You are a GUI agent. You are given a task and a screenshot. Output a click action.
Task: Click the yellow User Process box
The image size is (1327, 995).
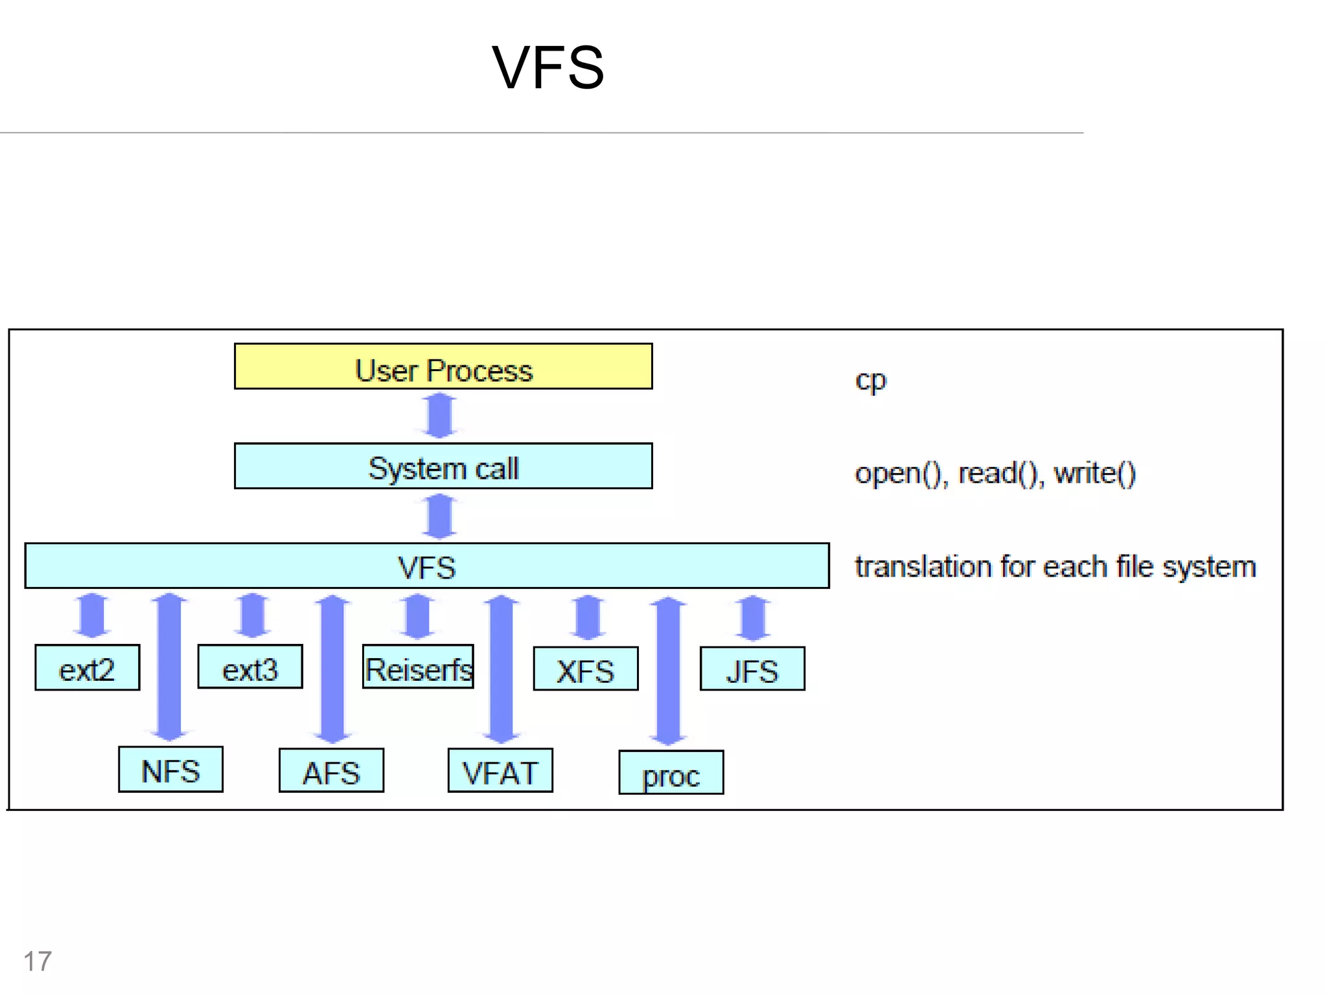pos(443,367)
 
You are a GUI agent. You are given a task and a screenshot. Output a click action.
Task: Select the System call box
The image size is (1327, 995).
pos(443,466)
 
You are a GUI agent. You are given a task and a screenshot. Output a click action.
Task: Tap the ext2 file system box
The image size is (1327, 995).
pos(87,668)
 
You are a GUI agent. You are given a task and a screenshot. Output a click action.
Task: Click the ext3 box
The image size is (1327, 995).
pos(250,667)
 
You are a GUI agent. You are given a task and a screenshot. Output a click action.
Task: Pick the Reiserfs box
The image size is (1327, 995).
pos(418,667)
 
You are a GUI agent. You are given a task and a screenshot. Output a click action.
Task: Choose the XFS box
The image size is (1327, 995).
pos(586,669)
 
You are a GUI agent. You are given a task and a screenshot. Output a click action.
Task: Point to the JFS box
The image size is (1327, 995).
pos(752,669)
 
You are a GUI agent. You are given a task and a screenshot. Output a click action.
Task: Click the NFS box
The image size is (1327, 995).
pos(171,770)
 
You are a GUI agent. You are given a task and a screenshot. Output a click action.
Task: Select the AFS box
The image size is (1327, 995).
pos(331,771)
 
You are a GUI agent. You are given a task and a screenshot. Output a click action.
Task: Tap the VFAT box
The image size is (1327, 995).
pos(500,771)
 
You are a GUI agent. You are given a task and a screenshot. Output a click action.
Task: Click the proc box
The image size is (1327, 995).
pos(671,773)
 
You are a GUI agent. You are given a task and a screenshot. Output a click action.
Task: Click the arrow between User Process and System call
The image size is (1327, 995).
pos(440,416)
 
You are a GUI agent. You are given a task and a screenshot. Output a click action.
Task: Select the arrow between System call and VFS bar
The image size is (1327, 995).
pos(440,516)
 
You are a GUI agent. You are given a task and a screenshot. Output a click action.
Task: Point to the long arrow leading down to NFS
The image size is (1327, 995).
pos(170,667)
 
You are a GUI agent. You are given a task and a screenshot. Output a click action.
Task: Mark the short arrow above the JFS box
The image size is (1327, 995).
pos(753,618)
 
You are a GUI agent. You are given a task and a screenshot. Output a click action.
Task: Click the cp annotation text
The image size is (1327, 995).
pos(870,380)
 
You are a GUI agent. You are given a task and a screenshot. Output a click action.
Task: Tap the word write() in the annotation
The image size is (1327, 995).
pos(1095,474)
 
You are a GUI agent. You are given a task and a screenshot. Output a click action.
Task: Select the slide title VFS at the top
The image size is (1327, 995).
pos(548,67)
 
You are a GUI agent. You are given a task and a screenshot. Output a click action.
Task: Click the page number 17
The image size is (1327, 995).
pos(38,961)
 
